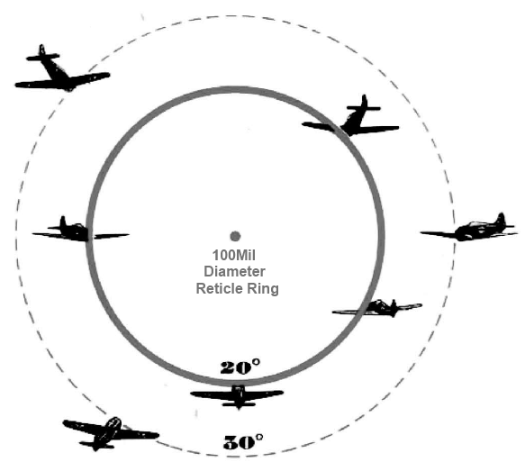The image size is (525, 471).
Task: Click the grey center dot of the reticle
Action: tap(235, 236)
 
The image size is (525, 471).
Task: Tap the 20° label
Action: tap(240, 367)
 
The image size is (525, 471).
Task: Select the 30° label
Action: tap(243, 442)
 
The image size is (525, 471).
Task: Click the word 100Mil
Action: tap(234, 256)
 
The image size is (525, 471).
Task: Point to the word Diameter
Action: tap(234, 271)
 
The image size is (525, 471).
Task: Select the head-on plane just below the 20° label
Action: tap(237, 397)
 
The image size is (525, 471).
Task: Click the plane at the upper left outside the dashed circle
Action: tap(62, 69)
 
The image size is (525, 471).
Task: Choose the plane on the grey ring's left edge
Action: tap(80, 231)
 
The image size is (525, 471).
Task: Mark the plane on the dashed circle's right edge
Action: tap(469, 228)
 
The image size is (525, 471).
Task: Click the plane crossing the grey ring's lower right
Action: tap(377, 308)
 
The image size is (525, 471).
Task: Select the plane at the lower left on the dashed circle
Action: tap(111, 433)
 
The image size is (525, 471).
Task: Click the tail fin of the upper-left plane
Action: tap(41, 50)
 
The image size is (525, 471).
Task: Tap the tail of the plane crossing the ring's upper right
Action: tap(364, 105)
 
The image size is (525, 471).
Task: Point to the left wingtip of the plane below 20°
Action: tap(191, 394)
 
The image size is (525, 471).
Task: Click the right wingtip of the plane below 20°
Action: tap(283, 393)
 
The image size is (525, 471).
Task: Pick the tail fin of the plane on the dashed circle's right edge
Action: tap(501, 219)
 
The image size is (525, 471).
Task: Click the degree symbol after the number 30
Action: tap(258, 437)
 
